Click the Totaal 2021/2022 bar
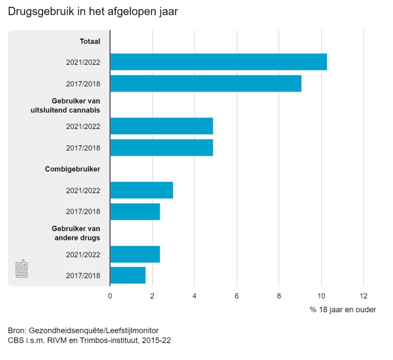coord(218,62)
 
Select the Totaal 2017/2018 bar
coord(206,83)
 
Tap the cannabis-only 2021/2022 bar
coord(162,126)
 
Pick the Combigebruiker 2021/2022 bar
coord(142,190)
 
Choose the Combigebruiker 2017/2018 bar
coord(135,212)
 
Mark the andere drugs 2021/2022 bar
coord(135,255)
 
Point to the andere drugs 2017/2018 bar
coord(128,275)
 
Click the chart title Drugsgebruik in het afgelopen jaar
coord(93,12)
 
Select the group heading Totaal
coord(90,41)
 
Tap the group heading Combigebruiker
coord(73,169)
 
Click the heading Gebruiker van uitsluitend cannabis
coord(65,106)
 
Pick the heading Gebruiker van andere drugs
coord(76,233)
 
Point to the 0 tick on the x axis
coord(110,296)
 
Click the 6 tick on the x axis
coord(237,296)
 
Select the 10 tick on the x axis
coord(321,296)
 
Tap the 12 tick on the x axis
coord(363,296)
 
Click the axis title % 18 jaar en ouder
coord(343,310)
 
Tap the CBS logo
coord(21,269)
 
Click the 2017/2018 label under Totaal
coord(83,84)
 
